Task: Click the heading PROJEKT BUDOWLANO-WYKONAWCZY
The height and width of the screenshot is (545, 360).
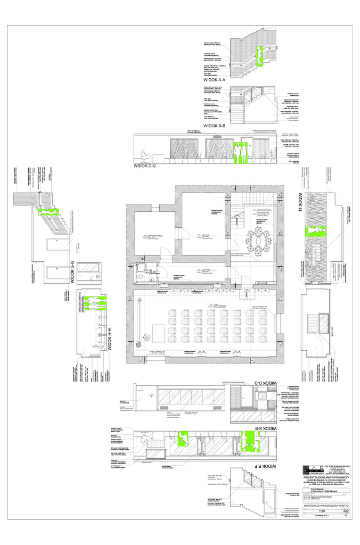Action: pos(329,478)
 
